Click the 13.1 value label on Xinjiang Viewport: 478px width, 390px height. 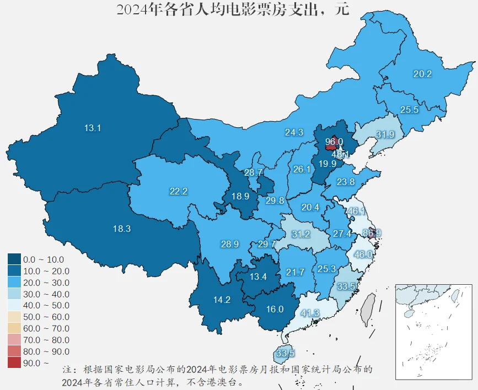click(x=92, y=128)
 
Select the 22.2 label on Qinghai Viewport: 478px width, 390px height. click(x=179, y=191)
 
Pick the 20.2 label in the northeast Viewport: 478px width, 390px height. click(x=422, y=74)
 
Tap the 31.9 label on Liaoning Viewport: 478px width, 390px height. click(x=385, y=134)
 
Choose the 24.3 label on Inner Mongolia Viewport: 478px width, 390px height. click(x=294, y=132)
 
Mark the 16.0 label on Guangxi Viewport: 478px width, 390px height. click(x=274, y=309)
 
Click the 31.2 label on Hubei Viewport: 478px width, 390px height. click(x=300, y=234)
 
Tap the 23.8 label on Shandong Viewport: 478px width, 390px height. click(x=345, y=182)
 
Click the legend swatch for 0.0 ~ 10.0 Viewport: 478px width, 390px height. click(x=15, y=259)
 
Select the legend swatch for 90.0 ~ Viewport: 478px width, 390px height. click(x=15, y=362)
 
